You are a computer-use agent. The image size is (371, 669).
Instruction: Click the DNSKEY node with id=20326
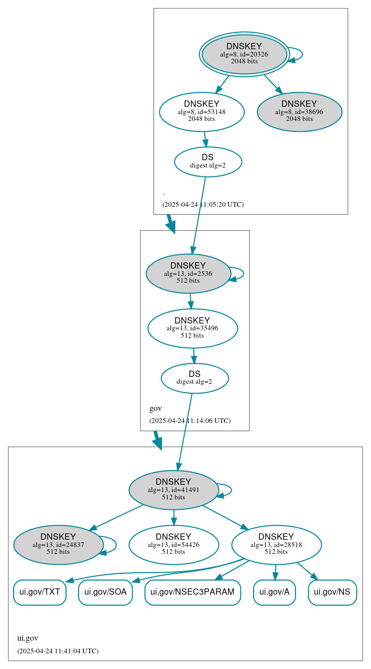[244, 54]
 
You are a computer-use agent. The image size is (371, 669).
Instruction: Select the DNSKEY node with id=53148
[202, 111]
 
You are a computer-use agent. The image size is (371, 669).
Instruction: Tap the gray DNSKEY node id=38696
[299, 111]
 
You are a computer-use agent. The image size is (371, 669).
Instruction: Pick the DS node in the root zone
[208, 162]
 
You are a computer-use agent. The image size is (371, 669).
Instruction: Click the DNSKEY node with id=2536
[188, 273]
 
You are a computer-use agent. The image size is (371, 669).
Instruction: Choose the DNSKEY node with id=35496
[192, 328]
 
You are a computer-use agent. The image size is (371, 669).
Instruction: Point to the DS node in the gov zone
[194, 378]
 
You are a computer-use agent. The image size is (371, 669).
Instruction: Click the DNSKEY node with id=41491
[173, 490]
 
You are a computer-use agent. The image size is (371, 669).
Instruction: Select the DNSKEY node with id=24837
[58, 545]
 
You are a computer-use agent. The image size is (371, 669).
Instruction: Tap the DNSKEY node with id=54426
[173, 545]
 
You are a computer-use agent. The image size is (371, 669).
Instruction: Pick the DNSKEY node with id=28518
[276, 545]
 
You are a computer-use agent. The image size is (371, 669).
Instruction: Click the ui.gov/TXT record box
[40, 593]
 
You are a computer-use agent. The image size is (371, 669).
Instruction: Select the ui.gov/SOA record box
[105, 593]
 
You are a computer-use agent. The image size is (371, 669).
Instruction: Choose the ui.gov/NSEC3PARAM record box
[192, 593]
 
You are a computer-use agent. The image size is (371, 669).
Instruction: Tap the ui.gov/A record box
[275, 593]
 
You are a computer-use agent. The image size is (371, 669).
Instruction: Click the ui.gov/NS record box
[332, 593]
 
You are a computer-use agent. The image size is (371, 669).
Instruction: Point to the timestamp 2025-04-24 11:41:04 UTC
[58, 651]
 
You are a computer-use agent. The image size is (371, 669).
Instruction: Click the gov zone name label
[156, 408]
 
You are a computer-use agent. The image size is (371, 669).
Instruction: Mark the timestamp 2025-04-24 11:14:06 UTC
[190, 421]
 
